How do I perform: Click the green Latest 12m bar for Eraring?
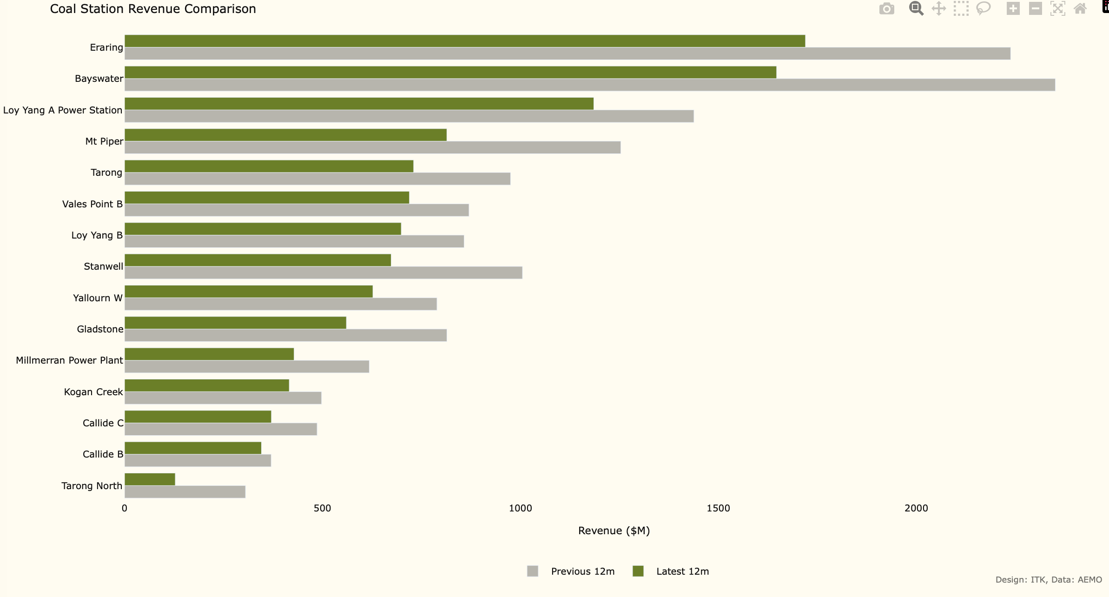click(x=465, y=41)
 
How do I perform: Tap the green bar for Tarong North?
click(x=150, y=479)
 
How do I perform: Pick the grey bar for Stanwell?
click(x=323, y=273)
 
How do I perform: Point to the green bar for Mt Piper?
click(x=285, y=135)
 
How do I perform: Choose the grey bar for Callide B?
click(x=198, y=461)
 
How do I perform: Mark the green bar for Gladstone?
click(x=235, y=323)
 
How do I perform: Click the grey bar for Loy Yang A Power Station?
click(x=409, y=116)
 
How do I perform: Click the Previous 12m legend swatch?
click(x=533, y=571)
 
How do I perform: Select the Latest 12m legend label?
click(x=682, y=571)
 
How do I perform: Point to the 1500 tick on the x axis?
click(x=718, y=508)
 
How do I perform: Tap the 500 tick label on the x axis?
click(x=322, y=508)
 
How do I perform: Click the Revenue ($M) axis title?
click(x=614, y=531)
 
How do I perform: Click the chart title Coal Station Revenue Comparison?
click(x=153, y=9)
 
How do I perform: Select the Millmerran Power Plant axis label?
click(x=69, y=360)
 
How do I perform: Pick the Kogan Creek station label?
click(x=93, y=392)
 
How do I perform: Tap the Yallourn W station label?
click(x=98, y=298)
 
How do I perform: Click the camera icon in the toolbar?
click(x=886, y=9)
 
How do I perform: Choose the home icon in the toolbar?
click(x=1080, y=9)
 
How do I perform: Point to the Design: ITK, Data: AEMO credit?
click(x=1049, y=580)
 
